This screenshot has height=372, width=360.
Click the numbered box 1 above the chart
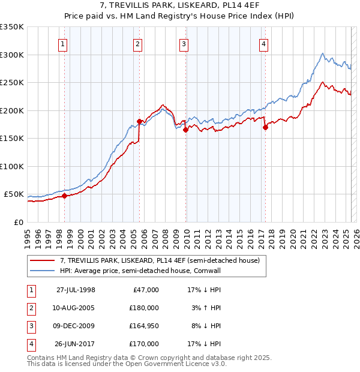[63, 43]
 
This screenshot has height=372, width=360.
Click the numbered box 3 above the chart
[184, 43]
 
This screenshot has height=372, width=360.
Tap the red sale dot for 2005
[139, 121]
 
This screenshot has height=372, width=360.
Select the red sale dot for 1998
[64, 196]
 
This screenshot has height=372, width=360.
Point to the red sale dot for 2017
[265, 127]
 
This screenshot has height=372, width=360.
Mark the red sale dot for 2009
[185, 130]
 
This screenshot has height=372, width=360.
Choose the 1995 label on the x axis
[27, 234]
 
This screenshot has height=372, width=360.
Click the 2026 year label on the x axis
[356, 234]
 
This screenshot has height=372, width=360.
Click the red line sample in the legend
[42, 260]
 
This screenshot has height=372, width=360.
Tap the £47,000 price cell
[144, 290]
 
